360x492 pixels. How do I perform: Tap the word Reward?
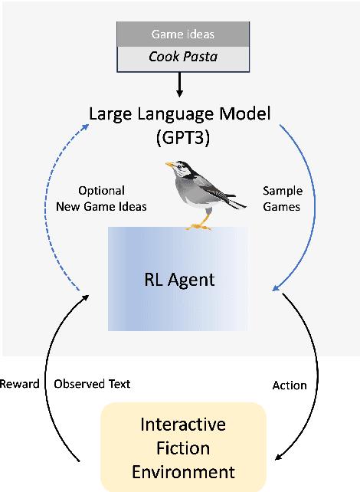[20, 384]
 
